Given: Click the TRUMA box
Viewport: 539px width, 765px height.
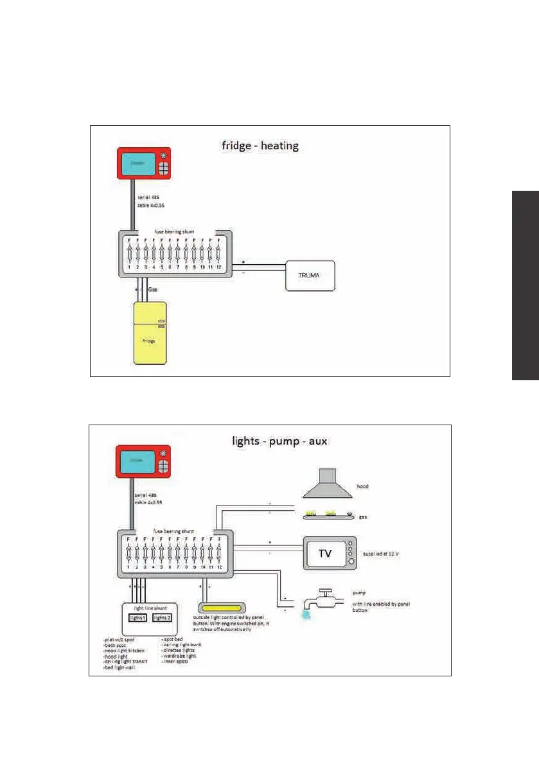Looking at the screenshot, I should click(310, 276).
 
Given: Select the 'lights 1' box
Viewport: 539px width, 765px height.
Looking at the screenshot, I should click(137, 618).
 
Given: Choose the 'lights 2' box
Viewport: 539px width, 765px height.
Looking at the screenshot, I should click(163, 618).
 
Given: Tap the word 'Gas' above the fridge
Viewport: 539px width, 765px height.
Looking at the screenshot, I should click(153, 290).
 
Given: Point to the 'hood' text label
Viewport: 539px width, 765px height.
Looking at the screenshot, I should click(362, 487).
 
